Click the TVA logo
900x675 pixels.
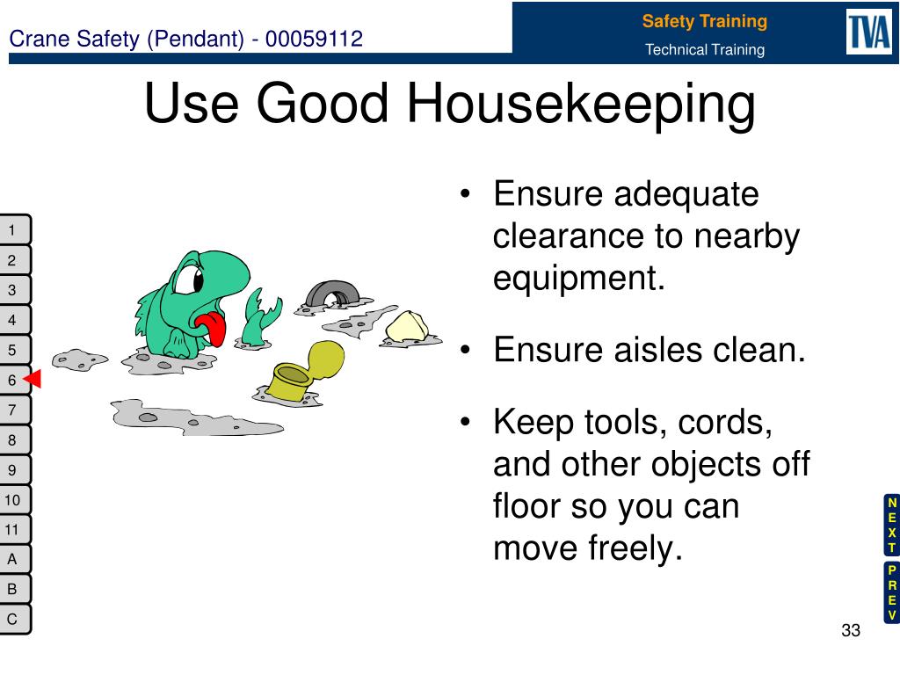pos(869,32)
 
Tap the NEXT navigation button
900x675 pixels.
pos(891,525)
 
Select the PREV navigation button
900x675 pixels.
pos(891,592)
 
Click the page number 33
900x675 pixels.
pos(851,630)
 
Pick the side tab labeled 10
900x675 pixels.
pos(14,500)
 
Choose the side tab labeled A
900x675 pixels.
pos(14,560)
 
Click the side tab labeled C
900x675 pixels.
pos(14,620)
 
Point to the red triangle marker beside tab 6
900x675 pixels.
pos(33,379)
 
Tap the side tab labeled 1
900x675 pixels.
pos(14,230)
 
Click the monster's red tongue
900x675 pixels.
pos(213,328)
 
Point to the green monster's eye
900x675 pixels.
pos(189,279)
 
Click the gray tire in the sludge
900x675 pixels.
pos(332,294)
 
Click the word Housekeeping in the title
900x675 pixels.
pos(581,104)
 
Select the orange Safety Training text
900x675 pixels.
pos(704,21)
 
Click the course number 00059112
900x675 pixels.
pos(314,39)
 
